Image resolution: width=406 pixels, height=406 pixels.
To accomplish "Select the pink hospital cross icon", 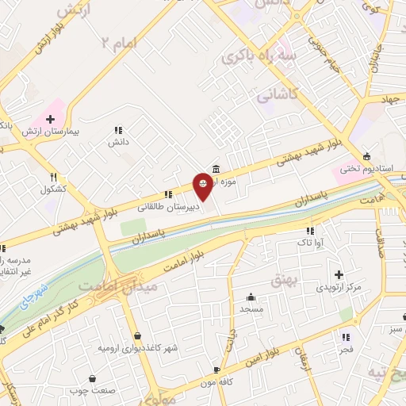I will click(x=49, y=118).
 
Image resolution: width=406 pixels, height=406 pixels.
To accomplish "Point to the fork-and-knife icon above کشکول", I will click(x=53, y=178).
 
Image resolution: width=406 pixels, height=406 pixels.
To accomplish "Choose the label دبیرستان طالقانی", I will click(x=166, y=206).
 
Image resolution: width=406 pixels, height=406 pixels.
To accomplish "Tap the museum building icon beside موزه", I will click(x=216, y=168).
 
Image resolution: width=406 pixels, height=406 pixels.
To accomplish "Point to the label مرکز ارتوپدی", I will click(x=339, y=285).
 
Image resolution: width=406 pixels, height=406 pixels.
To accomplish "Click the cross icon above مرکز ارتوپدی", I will click(x=339, y=273).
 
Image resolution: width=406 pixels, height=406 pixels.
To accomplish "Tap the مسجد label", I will click(x=253, y=308).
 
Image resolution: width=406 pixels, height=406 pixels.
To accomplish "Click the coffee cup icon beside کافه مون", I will click(x=216, y=370).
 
